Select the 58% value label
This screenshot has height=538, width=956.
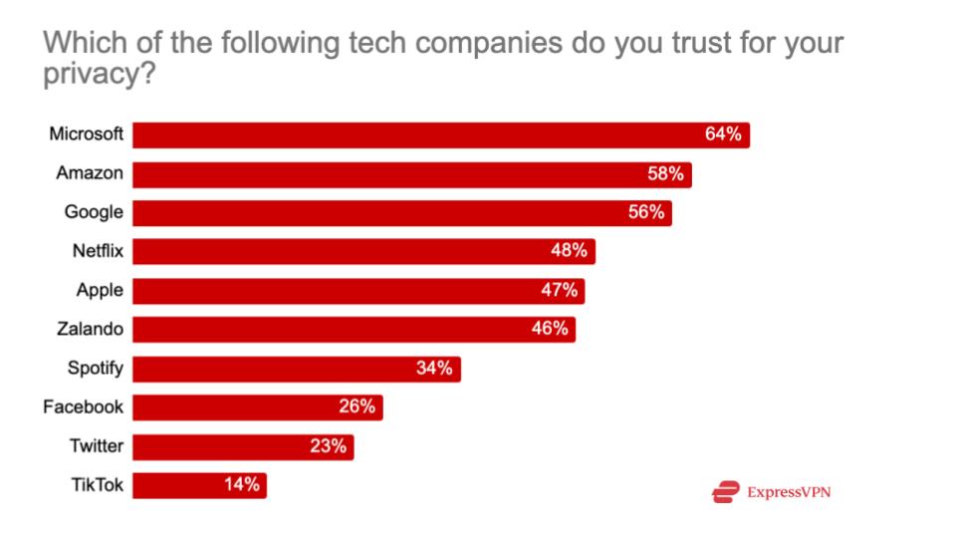664,174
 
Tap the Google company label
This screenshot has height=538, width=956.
94,212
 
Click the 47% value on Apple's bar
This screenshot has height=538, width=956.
559,291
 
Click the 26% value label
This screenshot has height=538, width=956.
357,406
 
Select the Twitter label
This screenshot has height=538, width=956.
97,445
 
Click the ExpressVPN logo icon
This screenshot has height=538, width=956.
726,491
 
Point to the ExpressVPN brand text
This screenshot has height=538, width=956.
789,491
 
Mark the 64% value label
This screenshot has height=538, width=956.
723,134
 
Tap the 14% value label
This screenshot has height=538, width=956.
241,485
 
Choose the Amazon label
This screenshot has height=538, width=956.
90,173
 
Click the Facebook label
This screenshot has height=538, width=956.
83,406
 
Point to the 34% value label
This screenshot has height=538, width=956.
434,369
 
